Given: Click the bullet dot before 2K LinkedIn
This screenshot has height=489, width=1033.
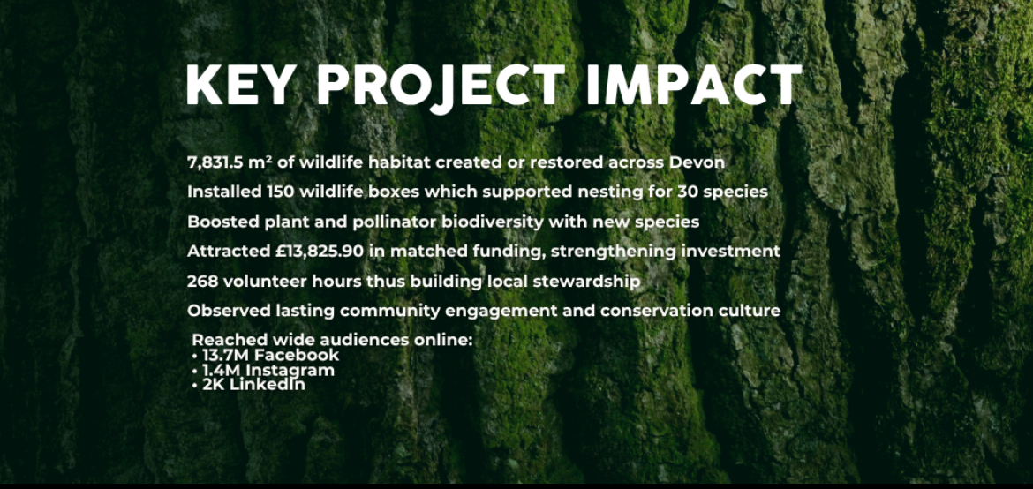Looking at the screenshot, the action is click(x=195, y=386).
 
